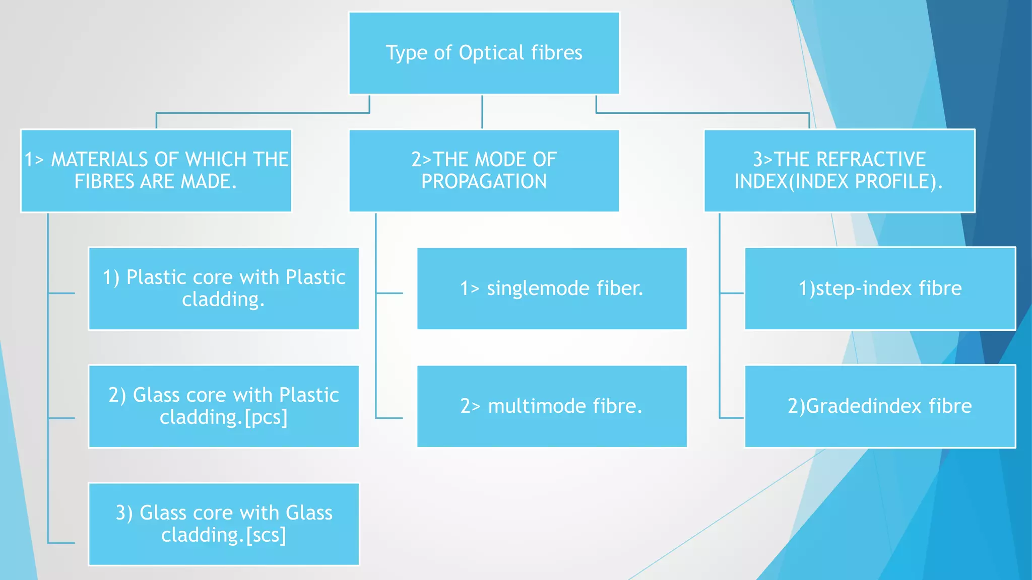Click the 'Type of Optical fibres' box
(484, 53)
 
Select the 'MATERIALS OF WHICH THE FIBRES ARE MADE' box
(156, 171)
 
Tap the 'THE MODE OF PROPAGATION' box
(484, 171)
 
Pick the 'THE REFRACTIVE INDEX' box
(839, 171)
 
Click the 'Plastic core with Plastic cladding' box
(224, 288)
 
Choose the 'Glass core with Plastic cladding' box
(224, 406)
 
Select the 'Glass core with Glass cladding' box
(224, 524)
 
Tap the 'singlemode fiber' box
(552, 288)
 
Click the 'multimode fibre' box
(552, 406)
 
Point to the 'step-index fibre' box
(880, 288)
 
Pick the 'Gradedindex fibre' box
(880, 406)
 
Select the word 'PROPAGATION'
(484, 182)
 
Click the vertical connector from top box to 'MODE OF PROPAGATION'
(482, 112)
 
